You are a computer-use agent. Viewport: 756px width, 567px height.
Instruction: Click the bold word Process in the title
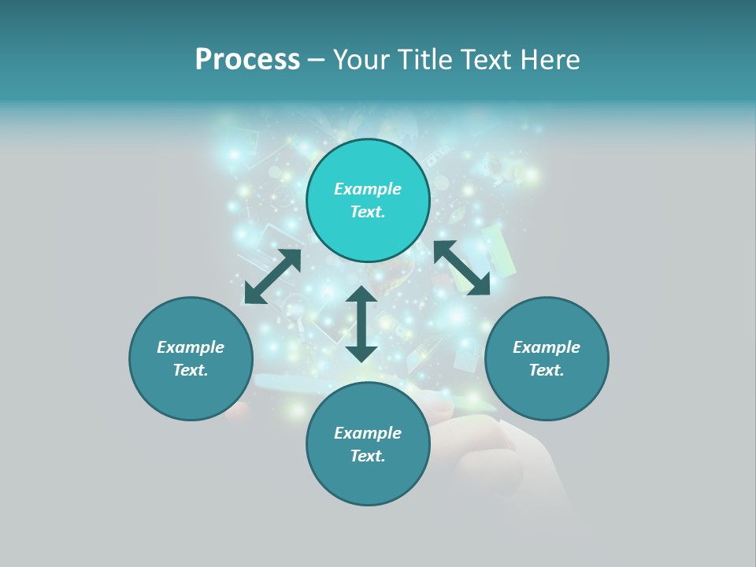(247, 59)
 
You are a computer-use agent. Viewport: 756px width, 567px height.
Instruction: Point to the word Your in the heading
(363, 59)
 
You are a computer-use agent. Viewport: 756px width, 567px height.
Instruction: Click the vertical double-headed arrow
(361, 324)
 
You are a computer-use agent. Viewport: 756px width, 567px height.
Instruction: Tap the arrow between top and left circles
(272, 276)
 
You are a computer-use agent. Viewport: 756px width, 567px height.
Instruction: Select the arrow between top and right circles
(461, 268)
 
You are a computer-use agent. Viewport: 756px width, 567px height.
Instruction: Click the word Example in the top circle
(368, 189)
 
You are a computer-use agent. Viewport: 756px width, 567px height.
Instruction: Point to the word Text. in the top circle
(368, 212)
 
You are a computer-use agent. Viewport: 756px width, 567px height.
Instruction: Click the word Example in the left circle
(191, 347)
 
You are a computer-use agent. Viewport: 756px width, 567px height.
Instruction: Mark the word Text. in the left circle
(191, 370)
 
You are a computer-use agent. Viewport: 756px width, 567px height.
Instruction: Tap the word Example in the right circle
(547, 347)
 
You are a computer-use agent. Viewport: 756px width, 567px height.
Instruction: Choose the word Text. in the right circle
(547, 370)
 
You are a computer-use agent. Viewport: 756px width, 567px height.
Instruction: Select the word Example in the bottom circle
(368, 433)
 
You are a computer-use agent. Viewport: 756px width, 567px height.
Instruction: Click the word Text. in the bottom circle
(368, 456)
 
